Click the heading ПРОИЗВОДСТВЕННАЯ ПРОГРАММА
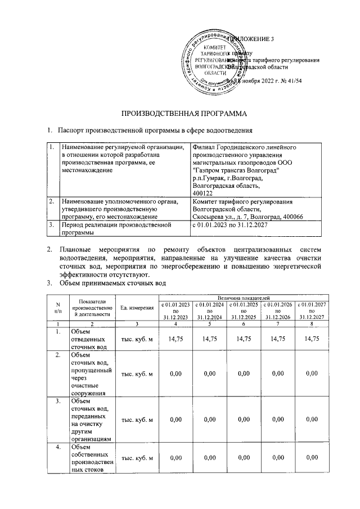point(180,114)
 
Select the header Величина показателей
point(244,296)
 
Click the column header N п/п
point(57,308)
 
